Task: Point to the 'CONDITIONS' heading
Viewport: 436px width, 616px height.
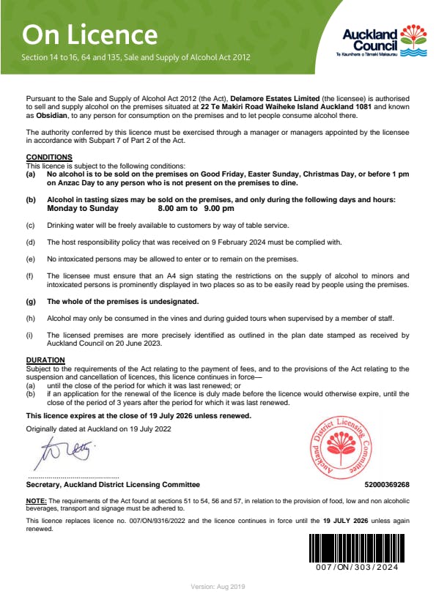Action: tap(49, 157)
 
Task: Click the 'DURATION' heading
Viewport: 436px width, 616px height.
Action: tap(45, 360)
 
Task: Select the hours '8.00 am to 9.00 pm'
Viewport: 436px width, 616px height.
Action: tap(196, 208)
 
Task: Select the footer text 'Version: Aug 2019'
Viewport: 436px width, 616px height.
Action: tap(218, 587)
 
